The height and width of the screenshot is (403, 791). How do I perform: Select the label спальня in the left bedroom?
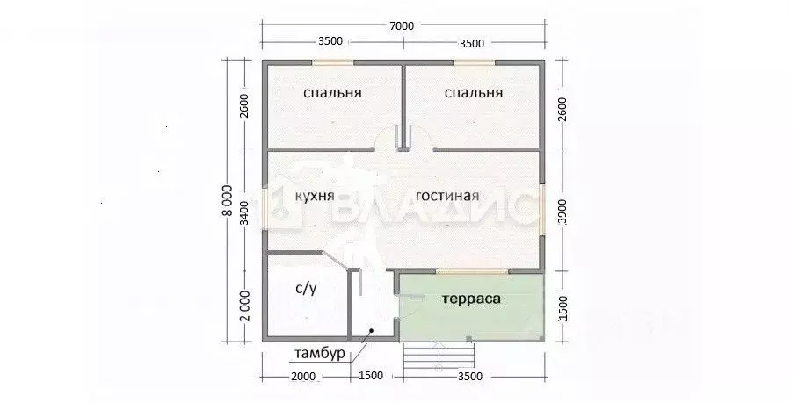(x=333, y=93)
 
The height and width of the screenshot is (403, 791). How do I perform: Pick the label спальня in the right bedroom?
(x=474, y=93)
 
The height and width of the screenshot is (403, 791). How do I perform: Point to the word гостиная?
(x=447, y=196)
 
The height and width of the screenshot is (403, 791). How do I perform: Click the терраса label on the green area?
(x=470, y=299)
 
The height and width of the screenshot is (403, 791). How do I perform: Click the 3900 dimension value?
(x=563, y=212)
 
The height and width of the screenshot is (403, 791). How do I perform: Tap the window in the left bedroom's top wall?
(x=333, y=61)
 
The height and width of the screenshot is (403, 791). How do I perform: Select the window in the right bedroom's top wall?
(x=474, y=61)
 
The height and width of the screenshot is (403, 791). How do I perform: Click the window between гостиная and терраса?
(x=470, y=269)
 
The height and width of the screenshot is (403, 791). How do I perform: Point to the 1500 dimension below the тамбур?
(x=371, y=377)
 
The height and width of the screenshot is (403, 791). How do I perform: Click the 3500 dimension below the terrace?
(x=470, y=377)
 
